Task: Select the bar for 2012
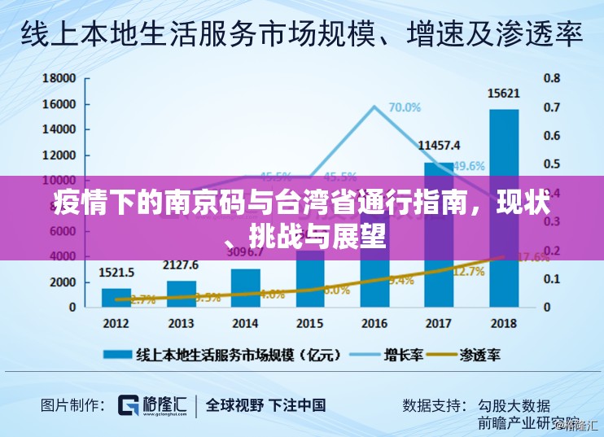tap(116, 297)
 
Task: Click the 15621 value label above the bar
tap(504, 94)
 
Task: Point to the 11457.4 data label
tap(439, 146)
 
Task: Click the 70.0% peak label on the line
tap(405, 107)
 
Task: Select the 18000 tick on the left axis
tap(59, 78)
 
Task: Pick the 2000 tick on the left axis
tap(62, 282)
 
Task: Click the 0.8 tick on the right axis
tap(552, 78)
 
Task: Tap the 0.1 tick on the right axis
tap(552, 279)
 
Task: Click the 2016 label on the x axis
tap(374, 324)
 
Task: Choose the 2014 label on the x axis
tap(245, 324)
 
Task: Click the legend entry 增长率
tap(403, 355)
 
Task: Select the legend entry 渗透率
tap(479, 355)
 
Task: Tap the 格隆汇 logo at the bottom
tap(153, 404)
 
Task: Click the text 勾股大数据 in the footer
tap(514, 404)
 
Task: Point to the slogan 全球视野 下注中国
tap(265, 404)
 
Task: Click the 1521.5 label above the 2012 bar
tap(116, 272)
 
